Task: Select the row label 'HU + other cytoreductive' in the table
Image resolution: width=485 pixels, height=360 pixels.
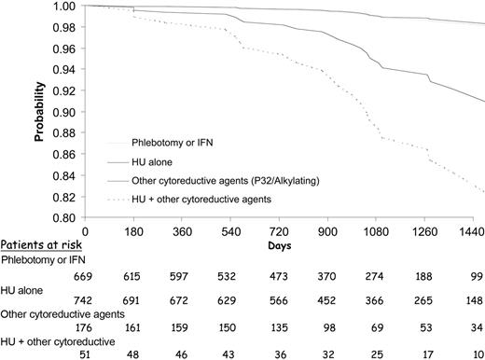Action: [59, 341]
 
